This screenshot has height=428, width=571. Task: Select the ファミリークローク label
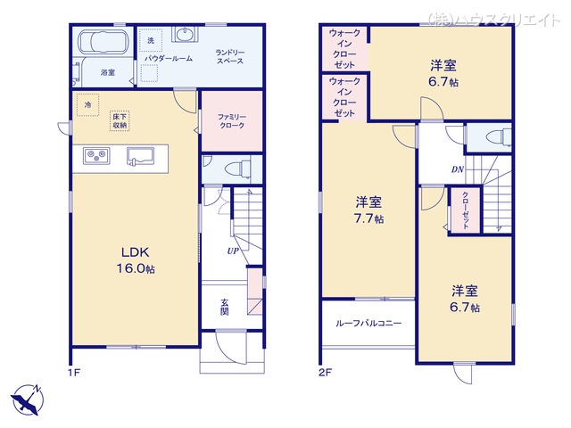point(231,122)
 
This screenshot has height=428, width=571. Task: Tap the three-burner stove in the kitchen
point(95,157)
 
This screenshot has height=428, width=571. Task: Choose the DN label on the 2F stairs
point(457,169)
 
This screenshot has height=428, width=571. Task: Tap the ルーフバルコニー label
point(368,325)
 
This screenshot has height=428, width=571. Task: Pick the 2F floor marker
point(327,371)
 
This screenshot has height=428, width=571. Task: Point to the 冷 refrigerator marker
point(87,104)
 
